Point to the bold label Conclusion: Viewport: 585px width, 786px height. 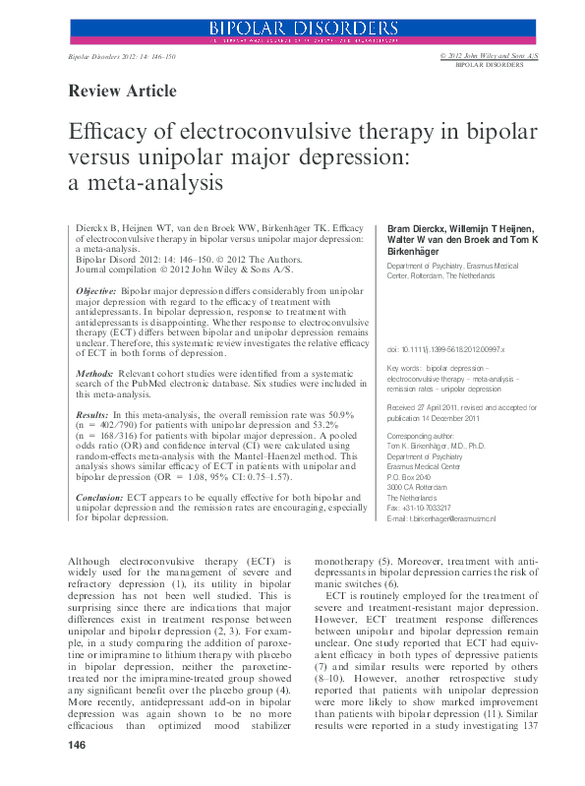click(101, 499)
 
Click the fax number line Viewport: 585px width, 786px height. click(427, 509)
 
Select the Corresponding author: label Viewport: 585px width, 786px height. click(421, 434)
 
